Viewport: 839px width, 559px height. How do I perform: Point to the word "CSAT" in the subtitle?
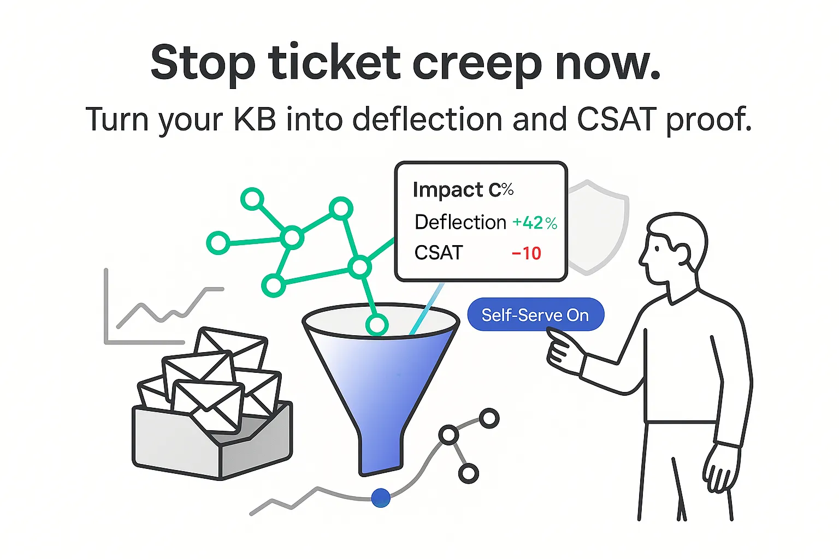[617, 119]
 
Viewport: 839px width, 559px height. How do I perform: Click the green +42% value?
[535, 223]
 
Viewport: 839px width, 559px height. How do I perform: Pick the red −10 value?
[527, 253]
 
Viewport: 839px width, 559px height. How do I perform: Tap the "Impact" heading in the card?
[448, 189]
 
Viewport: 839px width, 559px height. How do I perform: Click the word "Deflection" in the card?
[460, 222]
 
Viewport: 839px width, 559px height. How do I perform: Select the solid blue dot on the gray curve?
[381, 498]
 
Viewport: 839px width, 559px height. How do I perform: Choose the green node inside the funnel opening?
[376, 325]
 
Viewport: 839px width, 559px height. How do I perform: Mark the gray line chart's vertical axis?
[106, 306]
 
